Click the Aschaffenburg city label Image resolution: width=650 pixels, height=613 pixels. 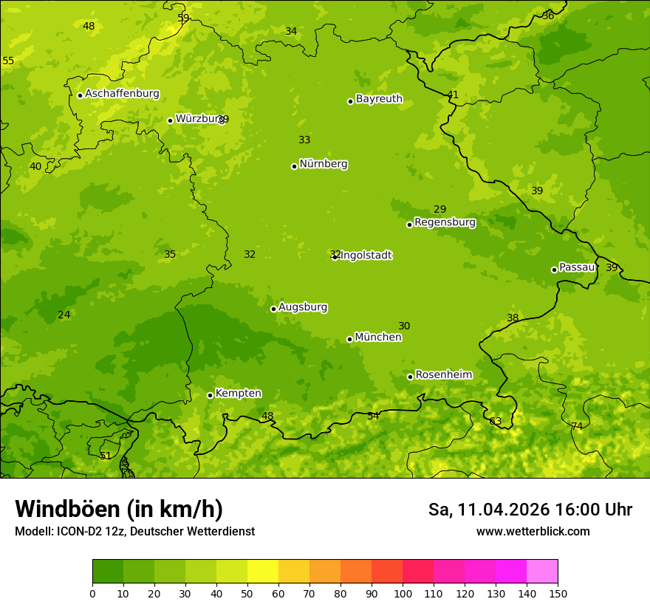point(122,94)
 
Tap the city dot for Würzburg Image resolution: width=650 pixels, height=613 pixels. point(170,120)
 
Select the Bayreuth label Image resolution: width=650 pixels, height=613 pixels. point(379,99)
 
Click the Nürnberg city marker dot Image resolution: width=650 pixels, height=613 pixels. point(294,166)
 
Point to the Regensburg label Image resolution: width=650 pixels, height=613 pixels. point(445,222)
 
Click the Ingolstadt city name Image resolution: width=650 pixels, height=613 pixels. point(366,256)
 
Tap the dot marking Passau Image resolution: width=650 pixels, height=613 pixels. point(554,270)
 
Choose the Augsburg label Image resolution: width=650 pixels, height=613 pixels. point(303,307)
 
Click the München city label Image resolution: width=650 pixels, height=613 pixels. point(378,338)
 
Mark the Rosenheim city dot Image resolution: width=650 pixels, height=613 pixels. point(410,377)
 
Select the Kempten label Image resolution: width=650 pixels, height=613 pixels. point(238,394)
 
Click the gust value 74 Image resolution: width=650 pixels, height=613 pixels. point(577,426)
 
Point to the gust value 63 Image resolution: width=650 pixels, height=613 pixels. point(495,422)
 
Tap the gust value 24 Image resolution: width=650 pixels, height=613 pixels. point(64,315)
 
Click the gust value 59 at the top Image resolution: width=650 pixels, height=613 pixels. point(183,18)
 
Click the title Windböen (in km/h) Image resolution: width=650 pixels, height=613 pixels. point(119,509)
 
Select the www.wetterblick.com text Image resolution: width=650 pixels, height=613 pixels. point(533,532)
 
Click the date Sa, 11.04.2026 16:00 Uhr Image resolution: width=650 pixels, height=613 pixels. point(530,510)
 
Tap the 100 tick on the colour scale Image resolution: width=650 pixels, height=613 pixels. point(403,593)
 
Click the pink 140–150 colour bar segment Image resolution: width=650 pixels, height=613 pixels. point(542,571)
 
